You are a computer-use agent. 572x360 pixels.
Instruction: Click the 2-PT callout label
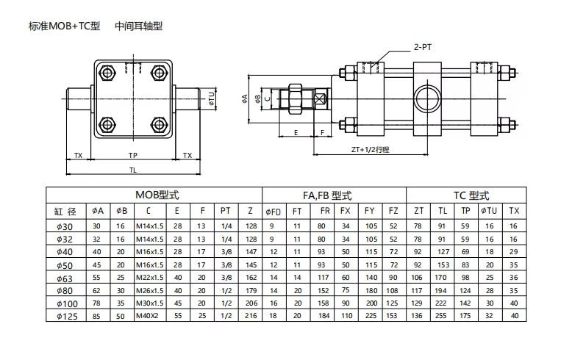click(x=423, y=47)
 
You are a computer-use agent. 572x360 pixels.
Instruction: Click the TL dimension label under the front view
click(x=133, y=170)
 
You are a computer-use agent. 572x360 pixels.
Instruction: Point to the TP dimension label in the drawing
click(x=133, y=156)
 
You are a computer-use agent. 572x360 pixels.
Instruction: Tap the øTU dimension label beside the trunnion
click(x=212, y=98)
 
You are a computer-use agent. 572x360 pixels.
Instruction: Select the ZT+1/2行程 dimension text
click(x=371, y=149)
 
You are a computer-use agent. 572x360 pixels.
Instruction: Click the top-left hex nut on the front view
click(x=107, y=73)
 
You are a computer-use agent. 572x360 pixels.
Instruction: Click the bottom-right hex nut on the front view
click(x=159, y=125)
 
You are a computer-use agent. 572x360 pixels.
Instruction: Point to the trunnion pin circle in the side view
click(x=427, y=98)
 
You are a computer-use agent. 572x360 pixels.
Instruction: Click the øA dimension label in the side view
click(x=245, y=98)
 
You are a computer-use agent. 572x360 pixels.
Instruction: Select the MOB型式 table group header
click(x=157, y=195)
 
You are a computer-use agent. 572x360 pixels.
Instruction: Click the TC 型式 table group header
click(x=471, y=195)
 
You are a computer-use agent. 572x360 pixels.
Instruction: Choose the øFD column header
click(x=274, y=212)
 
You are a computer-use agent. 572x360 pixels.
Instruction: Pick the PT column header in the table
click(x=226, y=211)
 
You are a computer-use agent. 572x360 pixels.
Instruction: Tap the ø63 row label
click(x=65, y=279)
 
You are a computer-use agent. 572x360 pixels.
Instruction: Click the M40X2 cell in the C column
click(x=147, y=315)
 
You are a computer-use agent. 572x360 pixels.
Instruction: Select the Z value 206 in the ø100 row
click(x=251, y=303)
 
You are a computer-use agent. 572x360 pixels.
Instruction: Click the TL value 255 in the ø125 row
click(x=440, y=315)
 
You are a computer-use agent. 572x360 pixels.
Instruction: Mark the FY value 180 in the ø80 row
click(x=371, y=291)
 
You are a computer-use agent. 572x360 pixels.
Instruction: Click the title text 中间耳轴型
click(x=139, y=26)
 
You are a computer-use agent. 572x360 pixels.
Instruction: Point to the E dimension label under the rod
click(x=296, y=133)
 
